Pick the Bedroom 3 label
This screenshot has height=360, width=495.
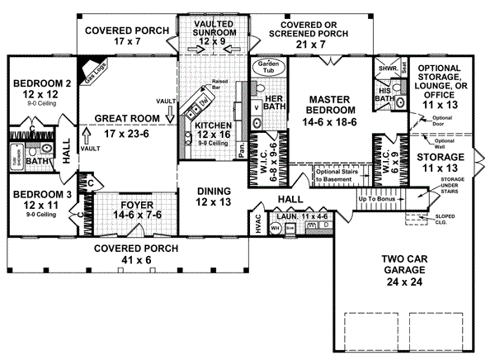click(35, 199)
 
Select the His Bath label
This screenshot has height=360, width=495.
click(384, 93)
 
